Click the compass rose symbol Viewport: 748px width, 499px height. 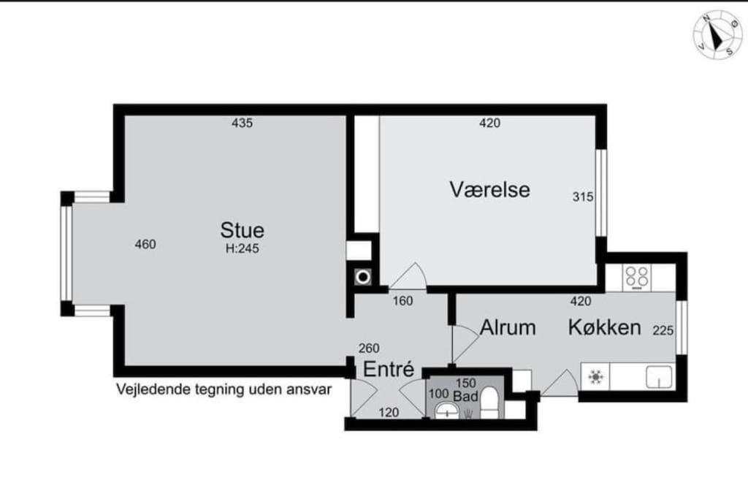click(x=717, y=33)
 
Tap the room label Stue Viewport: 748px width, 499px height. click(x=243, y=230)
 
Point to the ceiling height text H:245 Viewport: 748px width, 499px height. click(x=243, y=248)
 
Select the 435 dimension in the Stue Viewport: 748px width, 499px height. click(x=242, y=123)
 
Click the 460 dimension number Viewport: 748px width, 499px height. click(x=145, y=245)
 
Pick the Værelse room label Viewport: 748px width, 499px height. click(x=489, y=190)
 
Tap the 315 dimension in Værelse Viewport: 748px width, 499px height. click(x=582, y=197)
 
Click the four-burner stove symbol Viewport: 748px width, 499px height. click(x=637, y=276)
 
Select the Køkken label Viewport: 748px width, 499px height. click(x=605, y=327)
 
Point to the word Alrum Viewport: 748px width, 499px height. click(x=508, y=327)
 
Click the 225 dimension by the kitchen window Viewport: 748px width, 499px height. click(x=663, y=330)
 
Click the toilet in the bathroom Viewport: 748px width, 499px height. click(x=489, y=403)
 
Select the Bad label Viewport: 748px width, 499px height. click(x=465, y=397)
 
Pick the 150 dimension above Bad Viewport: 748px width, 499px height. click(x=465, y=383)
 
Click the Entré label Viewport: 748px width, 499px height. click(x=389, y=370)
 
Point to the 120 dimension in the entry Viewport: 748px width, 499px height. click(x=389, y=413)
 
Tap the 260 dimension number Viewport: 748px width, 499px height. click(x=369, y=348)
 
